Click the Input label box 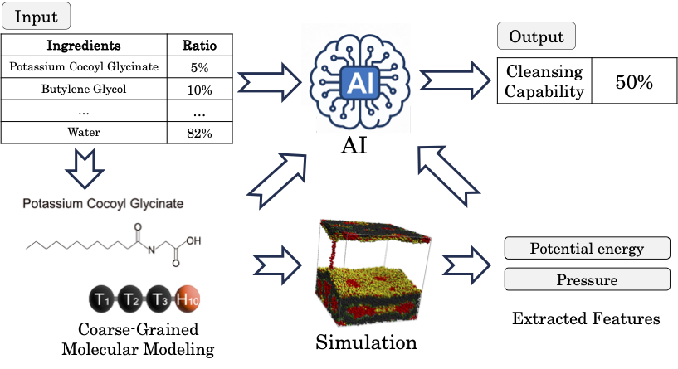click(37, 15)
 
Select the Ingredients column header click(83, 45)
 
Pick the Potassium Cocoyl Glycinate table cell click(83, 66)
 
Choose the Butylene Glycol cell click(83, 89)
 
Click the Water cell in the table click(83, 132)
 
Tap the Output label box click(535, 36)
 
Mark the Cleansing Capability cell click(546, 81)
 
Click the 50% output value click(634, 81)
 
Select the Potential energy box click(587, 248)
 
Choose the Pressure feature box click(587, 279)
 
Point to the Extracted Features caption click(587, 318)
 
